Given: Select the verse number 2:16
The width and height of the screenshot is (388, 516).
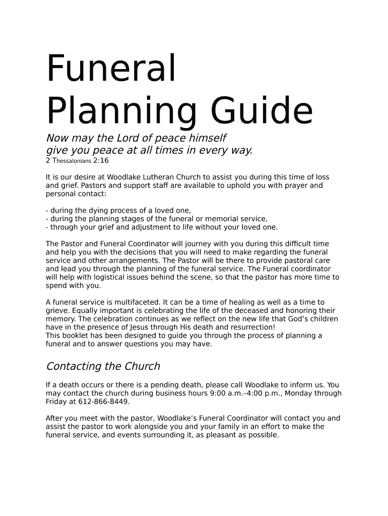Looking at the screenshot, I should click(100, 161).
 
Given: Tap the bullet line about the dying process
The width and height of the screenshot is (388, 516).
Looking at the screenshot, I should click(119, 211).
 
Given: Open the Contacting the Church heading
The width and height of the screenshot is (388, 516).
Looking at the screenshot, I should click(103, 366).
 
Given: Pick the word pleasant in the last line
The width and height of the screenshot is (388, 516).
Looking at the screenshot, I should click(225, 435).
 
